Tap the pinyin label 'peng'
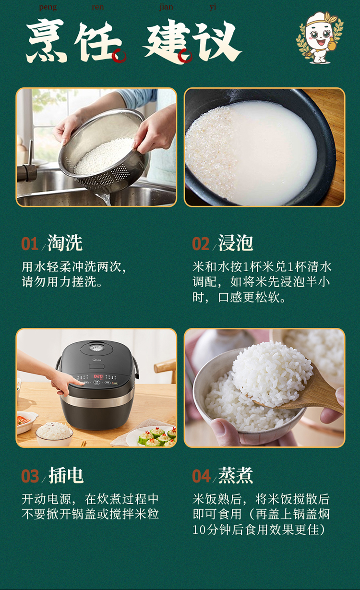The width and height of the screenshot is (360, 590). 48,7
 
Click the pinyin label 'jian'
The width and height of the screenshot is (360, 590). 166,7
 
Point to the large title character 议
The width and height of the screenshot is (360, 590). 217,41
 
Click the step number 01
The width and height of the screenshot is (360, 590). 30,244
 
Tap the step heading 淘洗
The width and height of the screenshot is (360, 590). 65,243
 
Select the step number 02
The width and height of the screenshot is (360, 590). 201,244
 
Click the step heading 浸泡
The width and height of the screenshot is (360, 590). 236,243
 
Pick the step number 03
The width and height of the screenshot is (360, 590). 30,476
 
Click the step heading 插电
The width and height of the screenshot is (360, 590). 66,475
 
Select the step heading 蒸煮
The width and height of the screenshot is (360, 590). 236,475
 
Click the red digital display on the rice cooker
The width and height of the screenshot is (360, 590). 98,376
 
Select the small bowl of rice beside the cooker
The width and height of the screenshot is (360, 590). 54,432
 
